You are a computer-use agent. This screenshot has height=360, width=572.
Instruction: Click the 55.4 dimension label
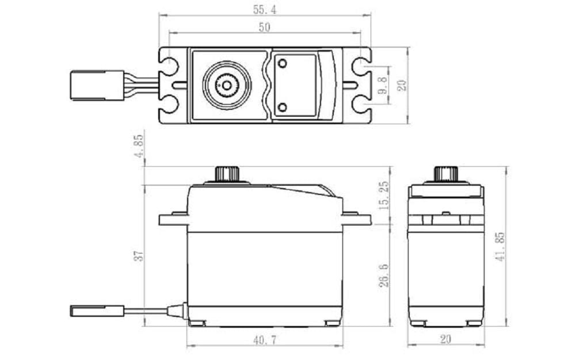coord(264,9)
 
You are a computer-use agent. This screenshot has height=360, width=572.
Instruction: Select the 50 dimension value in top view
coord(264,27)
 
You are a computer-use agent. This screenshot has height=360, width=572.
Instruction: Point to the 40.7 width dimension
coord(264,340)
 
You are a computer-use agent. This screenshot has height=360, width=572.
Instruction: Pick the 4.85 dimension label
coord(139,147)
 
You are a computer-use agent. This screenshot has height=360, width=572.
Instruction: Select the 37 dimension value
coord(138,255)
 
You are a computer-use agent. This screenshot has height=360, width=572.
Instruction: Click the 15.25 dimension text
coord(384,196)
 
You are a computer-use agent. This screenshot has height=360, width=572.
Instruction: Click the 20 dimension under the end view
coord(445,339)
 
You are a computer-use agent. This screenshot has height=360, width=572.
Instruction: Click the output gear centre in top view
coord(227,86)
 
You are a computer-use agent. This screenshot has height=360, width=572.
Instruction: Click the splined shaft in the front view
coord(227,174)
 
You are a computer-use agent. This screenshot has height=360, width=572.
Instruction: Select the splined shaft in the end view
coord(445,174)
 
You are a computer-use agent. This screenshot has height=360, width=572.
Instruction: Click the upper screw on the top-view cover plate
coord(283,64)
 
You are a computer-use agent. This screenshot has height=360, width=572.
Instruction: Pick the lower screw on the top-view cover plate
coord(283,107)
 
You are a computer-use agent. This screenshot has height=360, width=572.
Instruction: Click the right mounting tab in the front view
coord(356,219)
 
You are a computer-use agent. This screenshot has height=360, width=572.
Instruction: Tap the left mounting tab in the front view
coord(173,219)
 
